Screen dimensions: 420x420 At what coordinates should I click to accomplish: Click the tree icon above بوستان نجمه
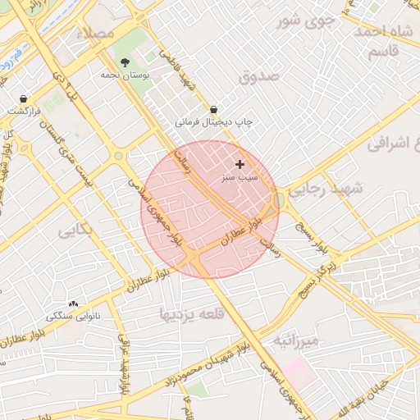pyautogui.click(x=125, y=62)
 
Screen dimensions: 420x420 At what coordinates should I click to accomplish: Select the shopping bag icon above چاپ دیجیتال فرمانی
pyautogui.click(x=213, y=109)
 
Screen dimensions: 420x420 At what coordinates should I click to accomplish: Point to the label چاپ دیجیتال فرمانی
pyautogui.click(x=213, y=122)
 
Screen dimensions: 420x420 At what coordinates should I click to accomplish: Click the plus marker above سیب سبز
pyautogui.click(x=240, y=164)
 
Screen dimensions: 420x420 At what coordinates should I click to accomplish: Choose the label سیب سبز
pyautogui.click(x=240, y=176)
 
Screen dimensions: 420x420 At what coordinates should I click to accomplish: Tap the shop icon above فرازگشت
pyautogui.click(x=23, y=98)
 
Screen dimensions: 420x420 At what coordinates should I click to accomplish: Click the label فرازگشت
pyautogui.click(x=24, y=110)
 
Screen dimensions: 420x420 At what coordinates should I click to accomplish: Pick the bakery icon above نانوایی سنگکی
pyautogui.click(x=73, y=304)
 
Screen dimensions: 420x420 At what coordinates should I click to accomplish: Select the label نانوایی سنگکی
pyautogui.click(x=73, y=316)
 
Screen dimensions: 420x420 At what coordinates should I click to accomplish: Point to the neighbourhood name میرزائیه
pyautogui.click(x=300, y=339)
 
